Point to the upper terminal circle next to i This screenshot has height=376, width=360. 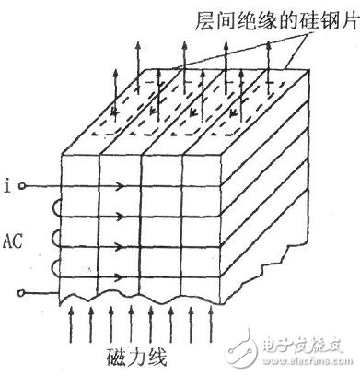coord(22,186)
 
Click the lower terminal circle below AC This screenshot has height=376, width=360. coord(22,293)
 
